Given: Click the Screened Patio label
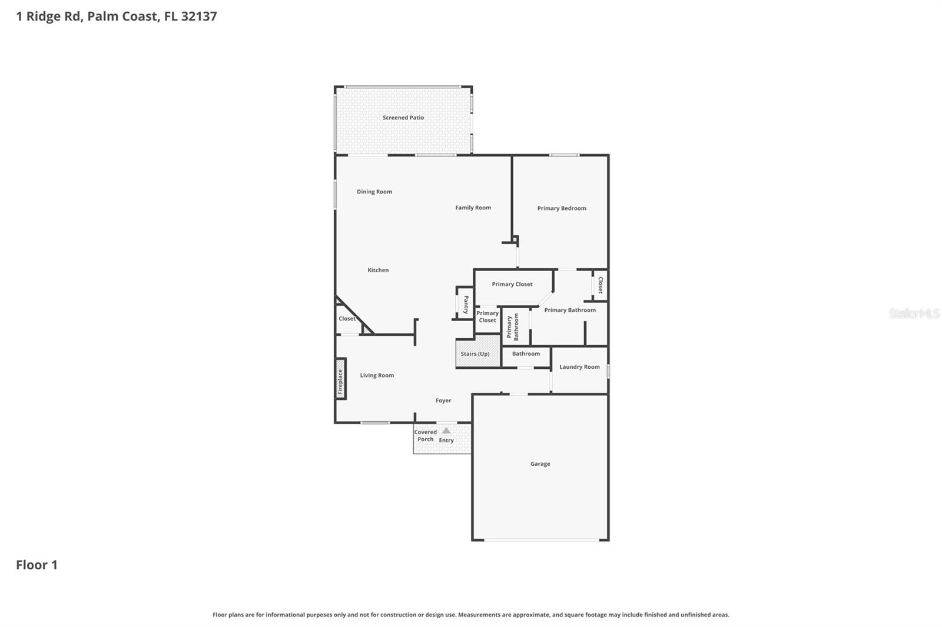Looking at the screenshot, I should click(x=403, y=118).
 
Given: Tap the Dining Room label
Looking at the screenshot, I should click(x=374, y=192).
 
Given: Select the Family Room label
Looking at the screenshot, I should click(x=473, y=208).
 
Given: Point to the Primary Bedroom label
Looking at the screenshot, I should click(x=562, y=208).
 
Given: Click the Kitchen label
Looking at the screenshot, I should click(x=378, y=270).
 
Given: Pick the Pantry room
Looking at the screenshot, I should click(x=465, y=304).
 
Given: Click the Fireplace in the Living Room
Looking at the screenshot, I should click(x=340, y=379).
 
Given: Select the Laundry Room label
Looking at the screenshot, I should click(x=579, y=367).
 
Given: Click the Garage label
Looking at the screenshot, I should click(x=540, y=464).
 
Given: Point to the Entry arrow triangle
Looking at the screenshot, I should click(x=446, y=431).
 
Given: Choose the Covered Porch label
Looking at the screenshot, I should click(x=425, y=436).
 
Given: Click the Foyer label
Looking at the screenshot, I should click(x=443, y=401).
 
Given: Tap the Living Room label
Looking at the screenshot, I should click(x=377, y=375).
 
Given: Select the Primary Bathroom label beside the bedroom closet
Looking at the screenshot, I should click(x=570, y=310).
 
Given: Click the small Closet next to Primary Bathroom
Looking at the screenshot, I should click(x=600, y=285).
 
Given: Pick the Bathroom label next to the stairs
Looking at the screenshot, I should click(x=526, y=354).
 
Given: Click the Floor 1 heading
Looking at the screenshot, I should click(x=37, y=565).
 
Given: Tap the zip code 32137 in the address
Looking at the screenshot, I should click(x=199, y=16).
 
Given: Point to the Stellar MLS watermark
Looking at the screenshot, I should click(x=914, y=313).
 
